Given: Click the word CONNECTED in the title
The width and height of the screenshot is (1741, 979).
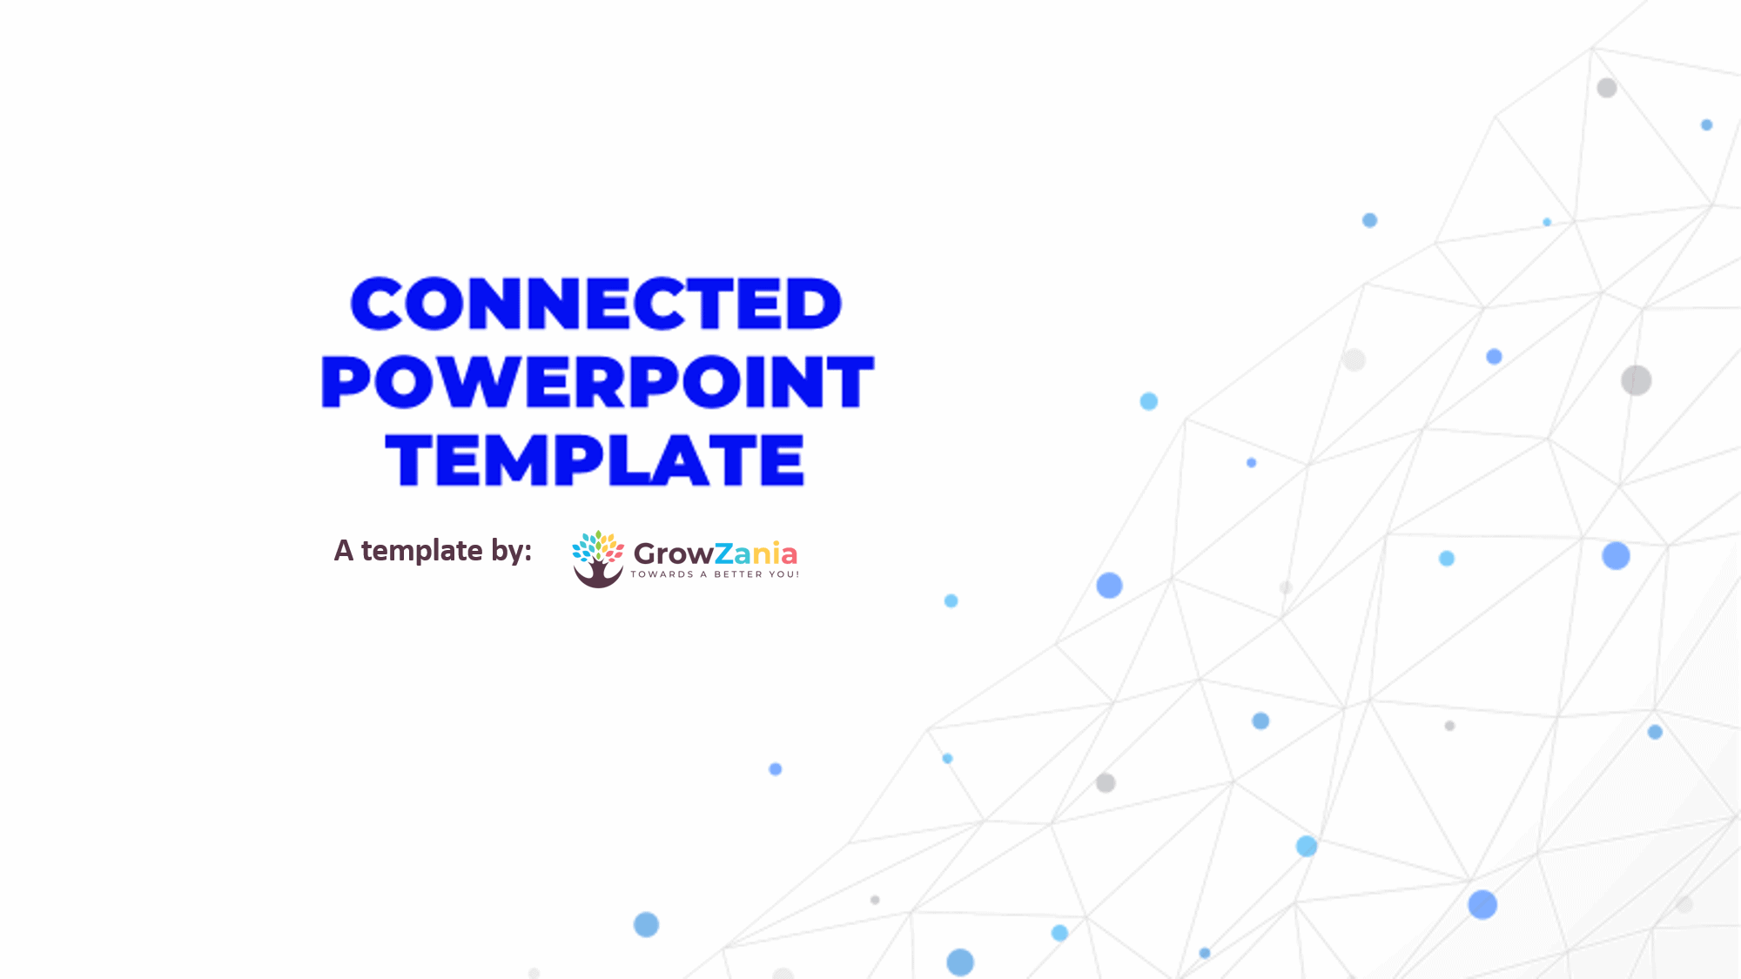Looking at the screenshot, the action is coord(596,304).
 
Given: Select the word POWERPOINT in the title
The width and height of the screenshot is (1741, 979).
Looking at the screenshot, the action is coord(597,381).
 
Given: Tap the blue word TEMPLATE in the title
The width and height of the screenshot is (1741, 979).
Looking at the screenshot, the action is coord(595,459).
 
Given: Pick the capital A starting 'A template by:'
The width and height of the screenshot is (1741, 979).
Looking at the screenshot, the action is coord(344,551).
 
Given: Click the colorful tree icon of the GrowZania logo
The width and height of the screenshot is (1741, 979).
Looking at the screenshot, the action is coord(598,559).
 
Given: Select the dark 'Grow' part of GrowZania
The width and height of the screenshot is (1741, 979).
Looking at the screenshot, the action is coord(674,553).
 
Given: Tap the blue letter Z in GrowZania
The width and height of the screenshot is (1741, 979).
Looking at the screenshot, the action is coord(724,553).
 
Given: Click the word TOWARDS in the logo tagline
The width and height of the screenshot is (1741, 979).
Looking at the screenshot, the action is coord(662,574).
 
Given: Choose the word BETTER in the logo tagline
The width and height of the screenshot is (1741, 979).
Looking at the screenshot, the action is coord(738,574).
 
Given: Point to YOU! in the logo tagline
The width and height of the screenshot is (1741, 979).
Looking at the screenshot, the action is coord(783,574).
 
